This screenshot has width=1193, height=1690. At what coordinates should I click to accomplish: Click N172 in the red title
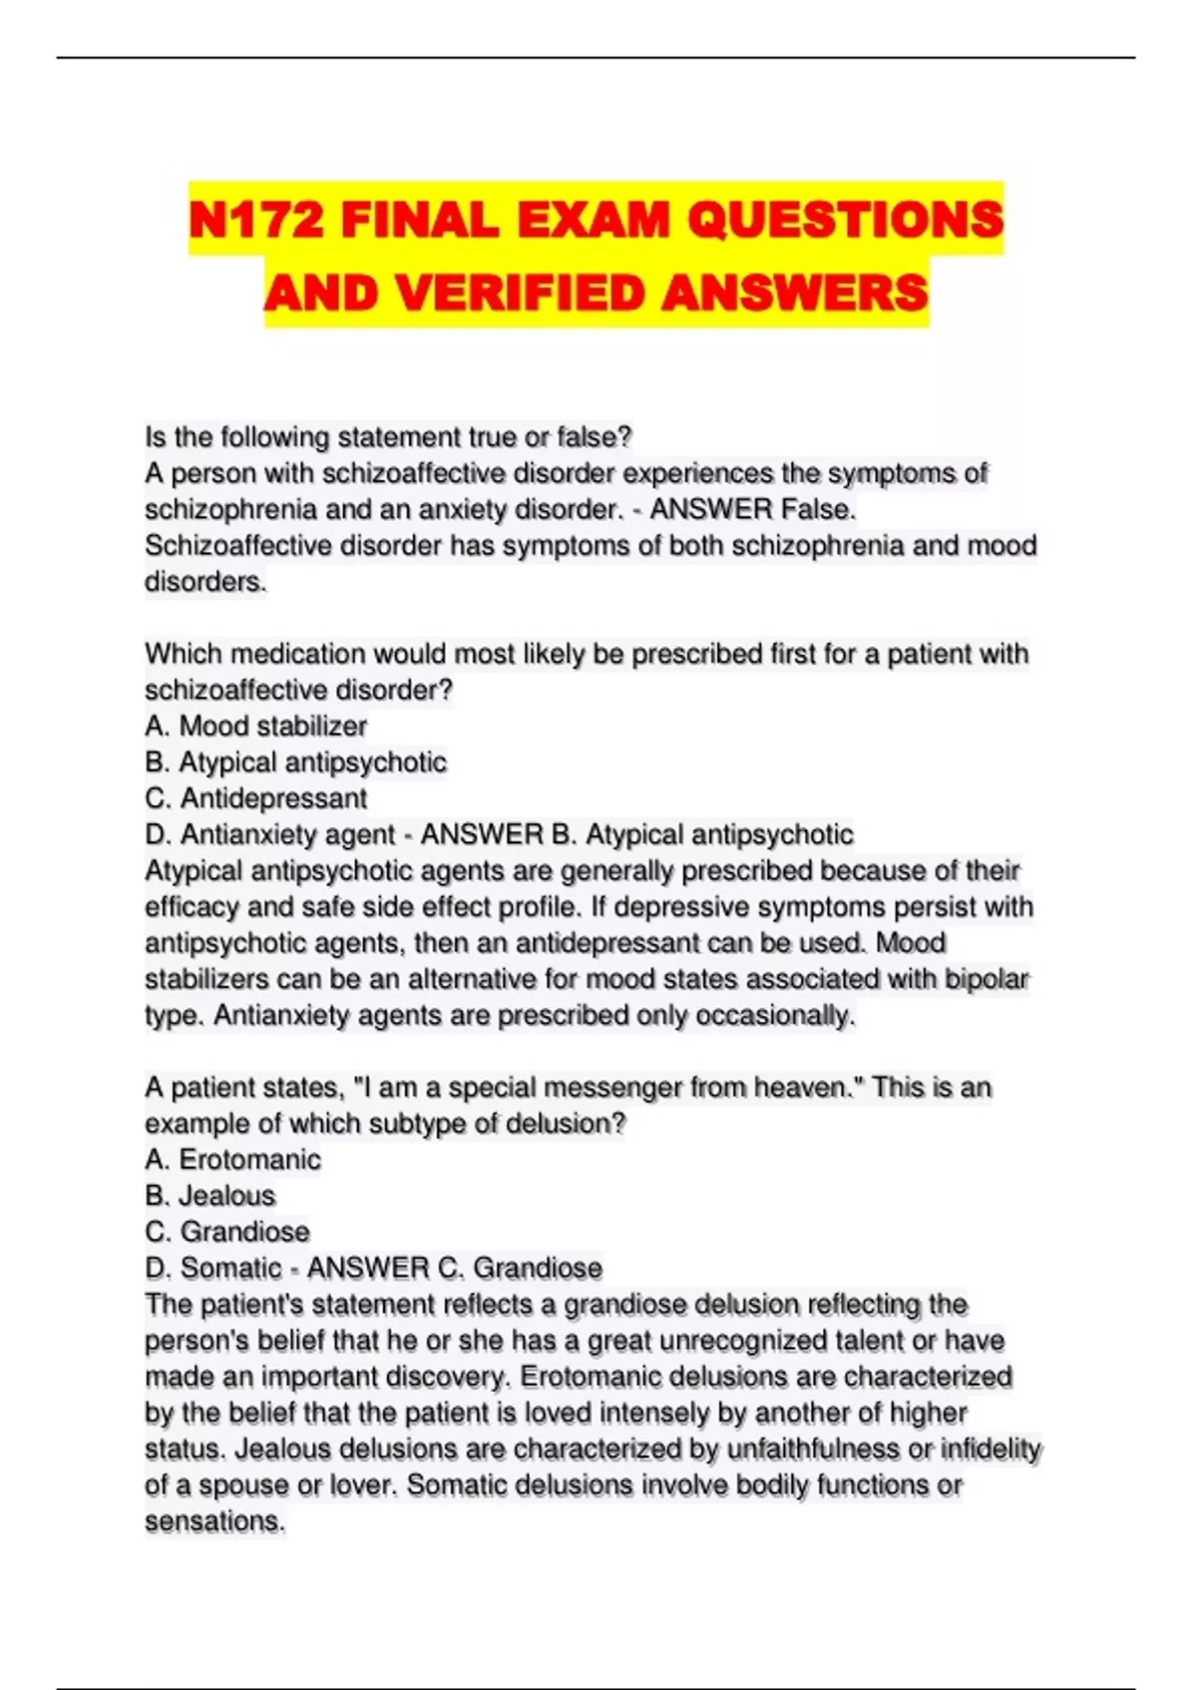coord(256,220)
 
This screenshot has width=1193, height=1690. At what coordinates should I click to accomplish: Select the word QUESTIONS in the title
coord(845,220)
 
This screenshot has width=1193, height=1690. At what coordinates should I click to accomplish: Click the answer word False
coord(817,509)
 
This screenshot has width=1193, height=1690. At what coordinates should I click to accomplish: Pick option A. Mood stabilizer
coord(256,726)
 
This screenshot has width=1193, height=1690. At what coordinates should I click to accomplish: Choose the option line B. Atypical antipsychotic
coord(295,762)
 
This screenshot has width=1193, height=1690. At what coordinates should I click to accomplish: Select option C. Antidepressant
coord(256,798)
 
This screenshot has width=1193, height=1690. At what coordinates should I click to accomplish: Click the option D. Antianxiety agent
coord(269,834)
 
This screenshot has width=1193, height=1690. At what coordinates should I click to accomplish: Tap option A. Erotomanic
coord(233,1159)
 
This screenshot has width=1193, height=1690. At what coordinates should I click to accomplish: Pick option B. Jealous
coord(210,1196)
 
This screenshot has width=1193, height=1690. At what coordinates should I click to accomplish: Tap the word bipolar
coord(988,979)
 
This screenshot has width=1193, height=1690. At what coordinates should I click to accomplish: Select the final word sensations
coord(214,1521)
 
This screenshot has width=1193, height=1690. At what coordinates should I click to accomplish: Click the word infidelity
coord(990,1448)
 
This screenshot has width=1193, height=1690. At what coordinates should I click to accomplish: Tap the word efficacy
coord(190,907)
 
